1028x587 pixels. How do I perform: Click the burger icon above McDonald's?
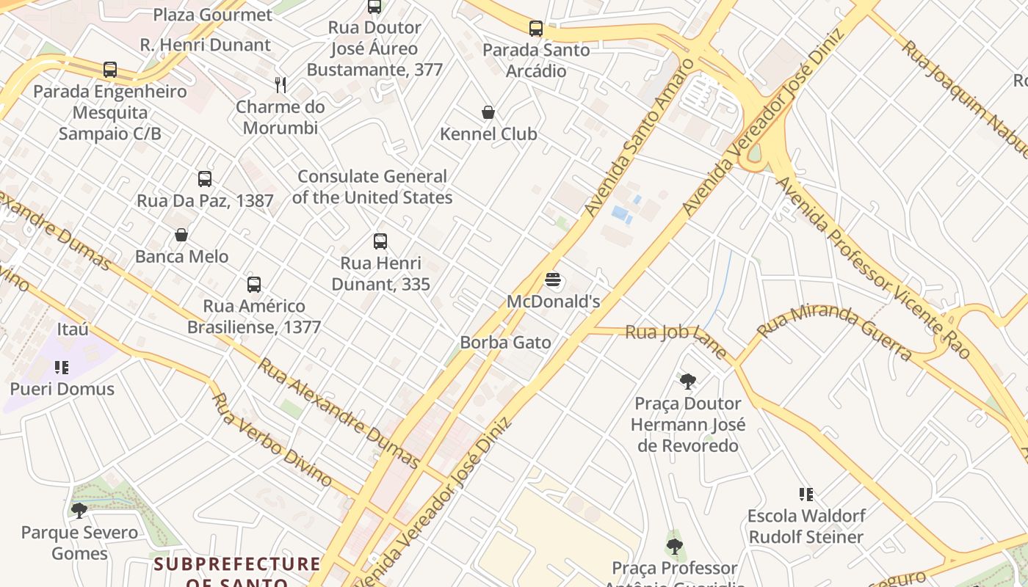coord(553,280)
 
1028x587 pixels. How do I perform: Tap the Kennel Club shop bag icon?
coord(488,112)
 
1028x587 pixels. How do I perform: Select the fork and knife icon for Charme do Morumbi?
coord(280,84)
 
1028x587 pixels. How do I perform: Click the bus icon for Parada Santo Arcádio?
coord(536,29)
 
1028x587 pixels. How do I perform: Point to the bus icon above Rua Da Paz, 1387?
coord(205,178)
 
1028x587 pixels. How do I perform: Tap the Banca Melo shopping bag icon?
coord(181,235)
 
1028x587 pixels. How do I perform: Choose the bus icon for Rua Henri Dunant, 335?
coord(380,241)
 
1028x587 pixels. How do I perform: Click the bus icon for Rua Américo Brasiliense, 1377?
coord(254,284)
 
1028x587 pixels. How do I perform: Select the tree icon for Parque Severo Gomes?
coord(79,510)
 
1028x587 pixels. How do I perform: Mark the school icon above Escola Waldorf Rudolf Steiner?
coord(806,495)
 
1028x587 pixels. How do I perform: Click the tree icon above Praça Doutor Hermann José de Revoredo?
coord(688,381)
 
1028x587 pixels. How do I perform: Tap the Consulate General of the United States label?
coord(372,187)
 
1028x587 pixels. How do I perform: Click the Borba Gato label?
coord(505,342)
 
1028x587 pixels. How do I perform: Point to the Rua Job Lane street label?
coord(676,338)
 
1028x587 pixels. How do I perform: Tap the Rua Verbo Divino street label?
coord(272,439)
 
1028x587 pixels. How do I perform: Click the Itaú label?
coord(72,329)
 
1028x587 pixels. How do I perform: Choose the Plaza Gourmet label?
coord(212,15)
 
